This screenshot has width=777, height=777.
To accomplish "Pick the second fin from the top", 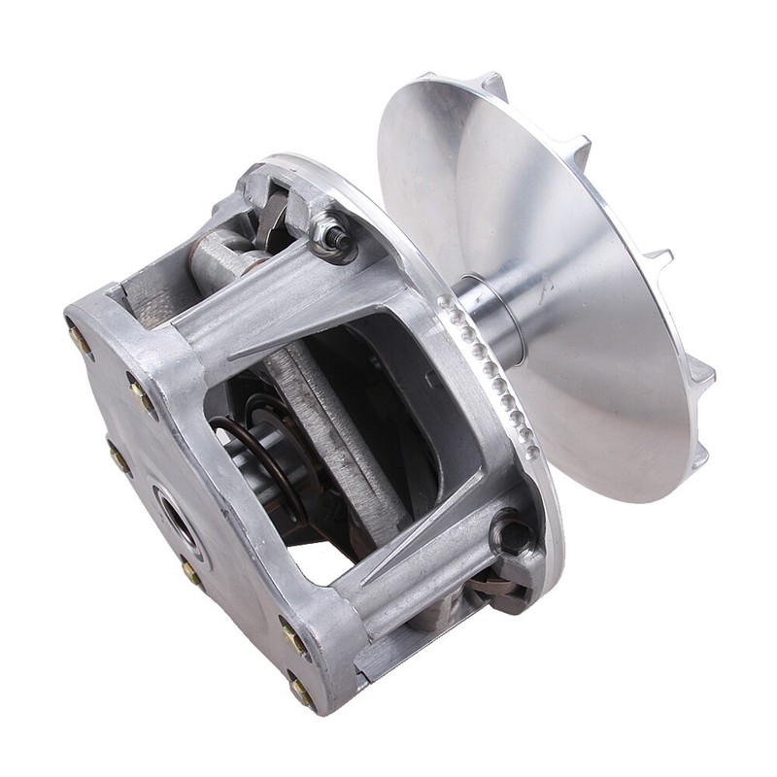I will click(x=579, y=150).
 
